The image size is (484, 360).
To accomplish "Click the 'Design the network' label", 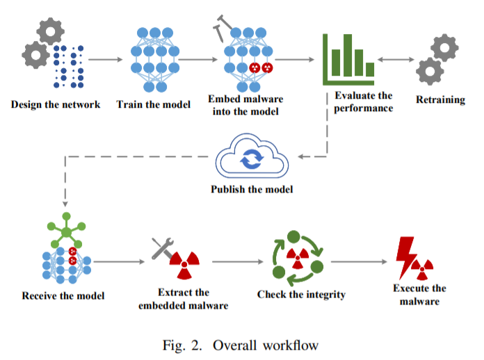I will (x=56, y=106).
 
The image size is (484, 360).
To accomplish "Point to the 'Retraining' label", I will (x=441, y=100).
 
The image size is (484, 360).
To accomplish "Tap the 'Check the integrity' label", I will (x=301, y=295).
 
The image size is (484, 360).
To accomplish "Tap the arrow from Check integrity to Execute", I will (x=357, y=262).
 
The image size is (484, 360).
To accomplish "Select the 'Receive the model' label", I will (x=63, y=295).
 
